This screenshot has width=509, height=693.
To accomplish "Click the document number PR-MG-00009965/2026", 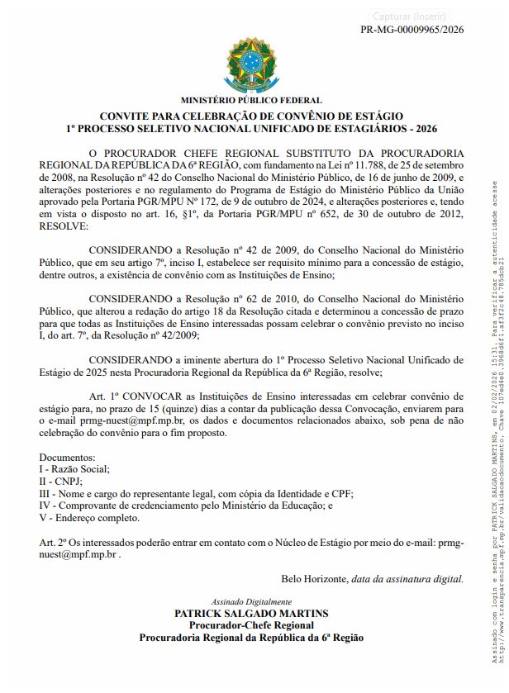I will pyautogui.click(x=412, y=30).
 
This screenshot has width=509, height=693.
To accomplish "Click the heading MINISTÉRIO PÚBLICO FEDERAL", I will pyautogui.click(x=251, y=101).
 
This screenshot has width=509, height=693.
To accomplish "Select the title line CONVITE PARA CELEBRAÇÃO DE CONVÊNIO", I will pyautogui.click(x=251, y=116).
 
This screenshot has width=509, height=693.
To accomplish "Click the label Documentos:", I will pyautogui.click(x=67, y=457).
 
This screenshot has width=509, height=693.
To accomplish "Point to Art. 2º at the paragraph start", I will pyautogui.click(x=53, y=542).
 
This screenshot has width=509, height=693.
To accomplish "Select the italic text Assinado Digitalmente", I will pyautogui.click(x=251, y=602).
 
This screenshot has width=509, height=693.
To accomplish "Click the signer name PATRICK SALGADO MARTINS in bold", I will pyautogui.click(x=251, y=614).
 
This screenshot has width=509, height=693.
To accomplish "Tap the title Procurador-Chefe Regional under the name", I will pyautogui.click(x=251, y=625).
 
